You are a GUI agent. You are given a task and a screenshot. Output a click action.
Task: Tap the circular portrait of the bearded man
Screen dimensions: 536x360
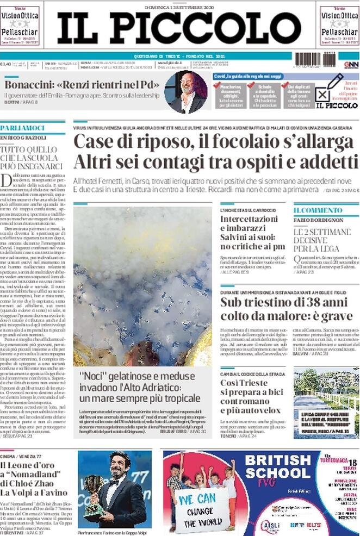(185, 92)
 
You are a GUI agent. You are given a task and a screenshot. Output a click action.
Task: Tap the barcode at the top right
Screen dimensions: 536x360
(315, 59)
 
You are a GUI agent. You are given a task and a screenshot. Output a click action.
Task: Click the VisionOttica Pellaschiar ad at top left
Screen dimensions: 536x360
(20, 24)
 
